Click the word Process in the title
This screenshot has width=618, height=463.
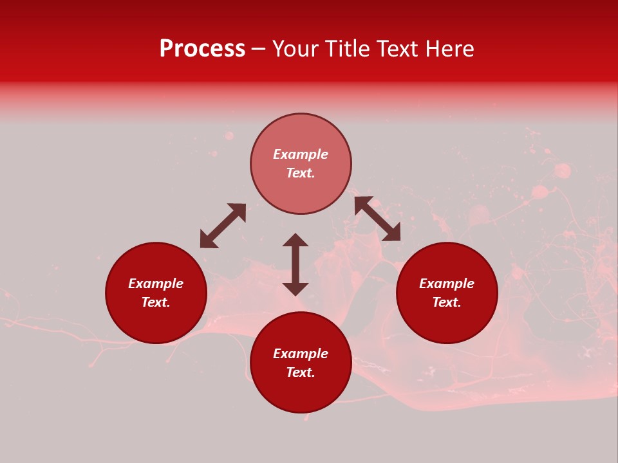tap(202, 49)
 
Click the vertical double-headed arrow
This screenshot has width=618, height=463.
tap(295, 264)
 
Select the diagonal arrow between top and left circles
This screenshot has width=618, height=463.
tap(223, 226)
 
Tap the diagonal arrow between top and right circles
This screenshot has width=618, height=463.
tap(377, 219)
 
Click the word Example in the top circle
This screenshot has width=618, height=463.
tap(301, 154)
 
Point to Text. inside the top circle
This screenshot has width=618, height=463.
tap(301, 173)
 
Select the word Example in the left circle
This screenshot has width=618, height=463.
tap(156, 284)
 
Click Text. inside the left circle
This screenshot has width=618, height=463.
tap(156, 302)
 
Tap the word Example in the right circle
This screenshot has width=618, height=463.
tap(447, 284)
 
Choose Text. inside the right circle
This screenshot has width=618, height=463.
tap(447, 302)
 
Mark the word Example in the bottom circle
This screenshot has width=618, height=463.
tap(301, 354)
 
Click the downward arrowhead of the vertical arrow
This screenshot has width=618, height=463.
tap(295, 289)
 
